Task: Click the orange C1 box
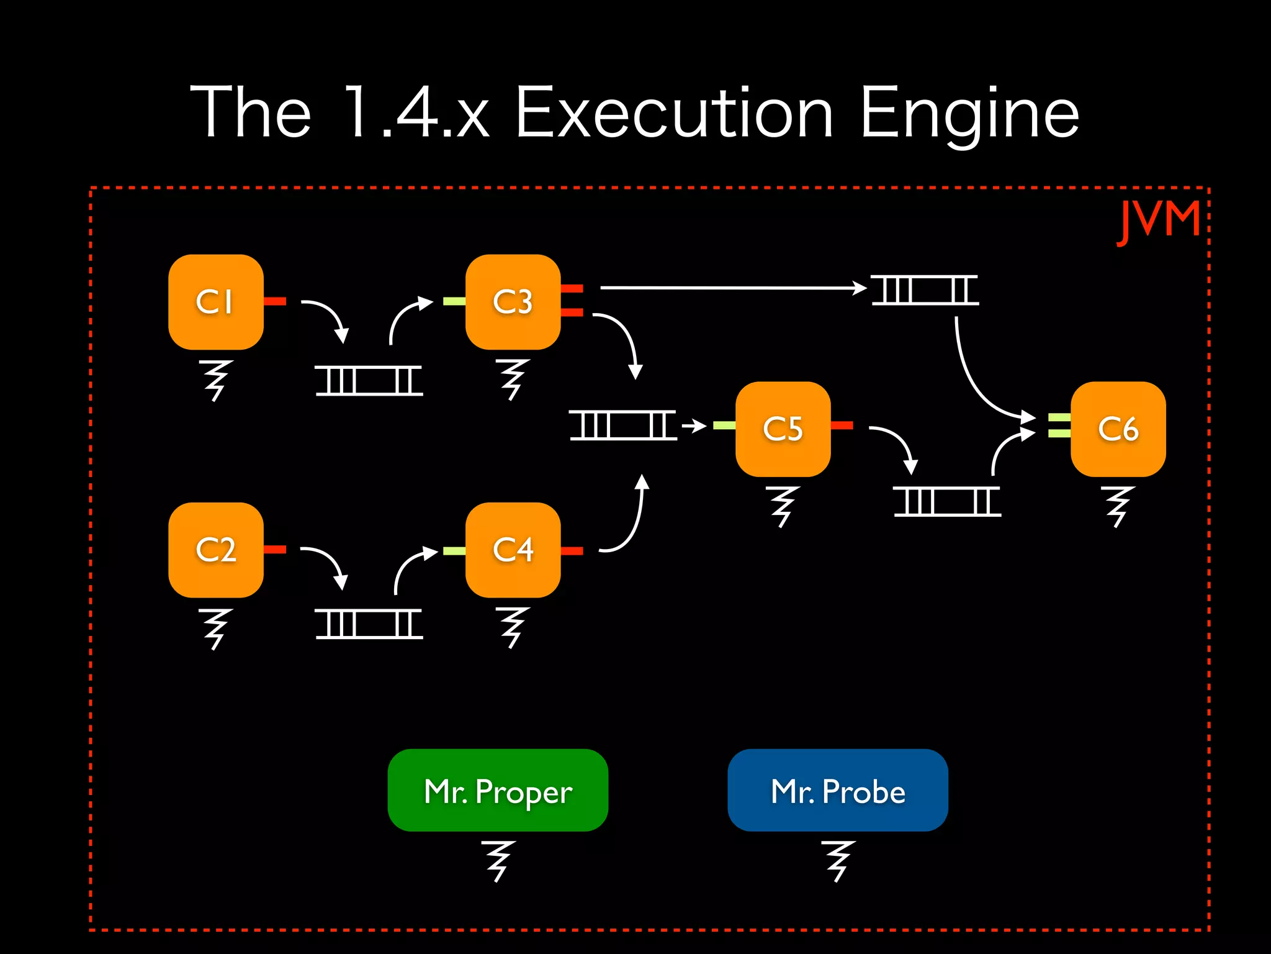tap(215, 302)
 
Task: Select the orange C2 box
tap(215, 550)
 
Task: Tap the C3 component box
tap(513, 302)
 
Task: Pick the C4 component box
tap(513, 550)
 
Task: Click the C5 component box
tap(783, 429)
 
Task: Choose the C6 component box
tap(1118, 429)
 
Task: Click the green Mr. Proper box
tap(498, 790)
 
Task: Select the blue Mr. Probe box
tap(837, 790)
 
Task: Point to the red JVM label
tap(1159, 221)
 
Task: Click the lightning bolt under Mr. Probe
tap(837, 861)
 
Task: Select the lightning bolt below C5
tap(783, 506)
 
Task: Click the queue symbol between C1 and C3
tap(369, 380)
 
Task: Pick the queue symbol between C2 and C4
tap(369, 624)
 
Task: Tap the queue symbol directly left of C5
tap(623, 425)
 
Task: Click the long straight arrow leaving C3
tap(732, 288)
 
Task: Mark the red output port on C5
tap(842, 425)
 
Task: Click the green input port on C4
tap(454, 551)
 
